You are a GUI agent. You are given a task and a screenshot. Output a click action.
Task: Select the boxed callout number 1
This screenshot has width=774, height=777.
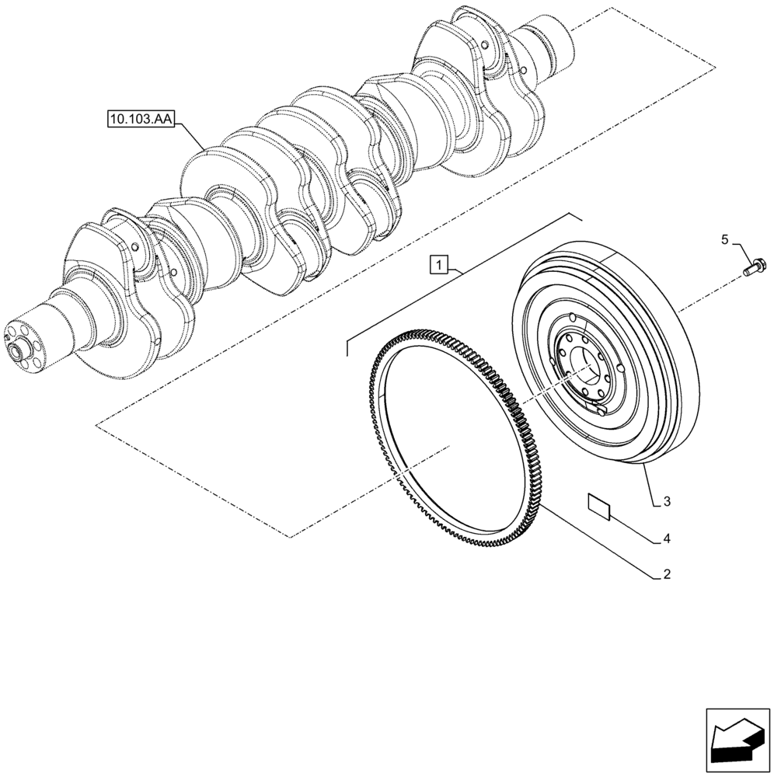pos(439,266)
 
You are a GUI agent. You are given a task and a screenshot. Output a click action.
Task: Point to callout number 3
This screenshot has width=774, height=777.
pos(666,503)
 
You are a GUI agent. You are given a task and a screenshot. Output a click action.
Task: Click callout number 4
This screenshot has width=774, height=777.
pos(666,538)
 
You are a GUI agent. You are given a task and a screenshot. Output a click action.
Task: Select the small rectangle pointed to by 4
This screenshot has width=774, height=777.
pos(598,506)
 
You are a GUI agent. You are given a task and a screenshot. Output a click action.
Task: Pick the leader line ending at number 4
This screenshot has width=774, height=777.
pos(633,525)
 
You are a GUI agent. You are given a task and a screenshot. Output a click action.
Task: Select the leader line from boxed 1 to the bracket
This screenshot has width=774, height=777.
pos(458,270)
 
